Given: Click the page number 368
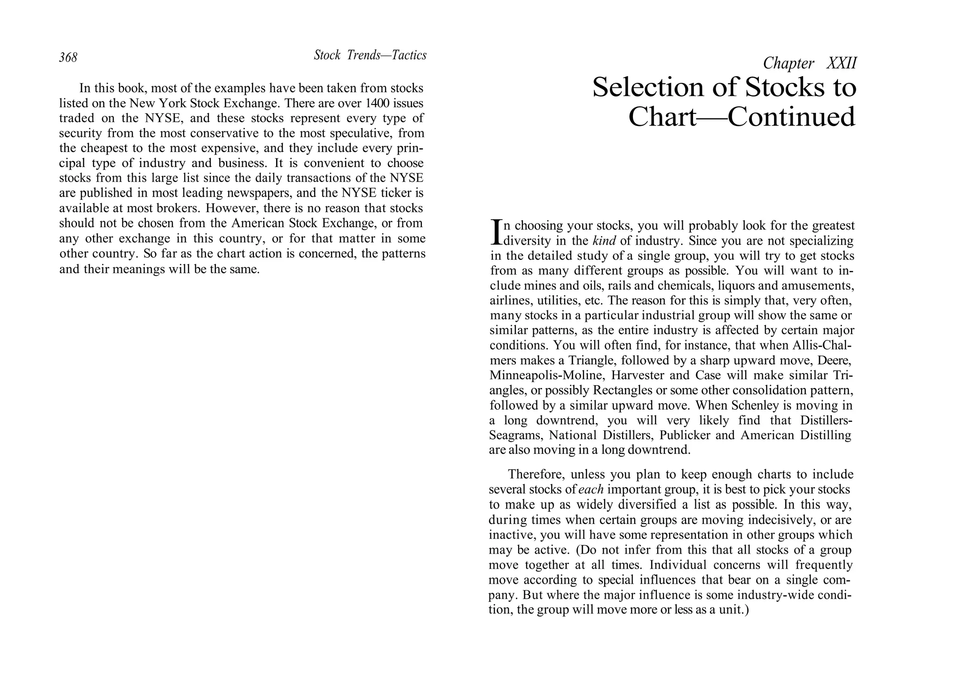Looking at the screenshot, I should tap(68, 57).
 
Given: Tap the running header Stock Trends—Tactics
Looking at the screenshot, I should tap(370, 56).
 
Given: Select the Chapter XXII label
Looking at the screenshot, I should tap(809, 63).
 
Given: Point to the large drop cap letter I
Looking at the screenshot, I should tap(496, 232).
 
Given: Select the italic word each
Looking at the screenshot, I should tap(591, 490).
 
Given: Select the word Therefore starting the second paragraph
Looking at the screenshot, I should tap(536, 475).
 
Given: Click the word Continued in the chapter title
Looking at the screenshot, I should tap(791, 117).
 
